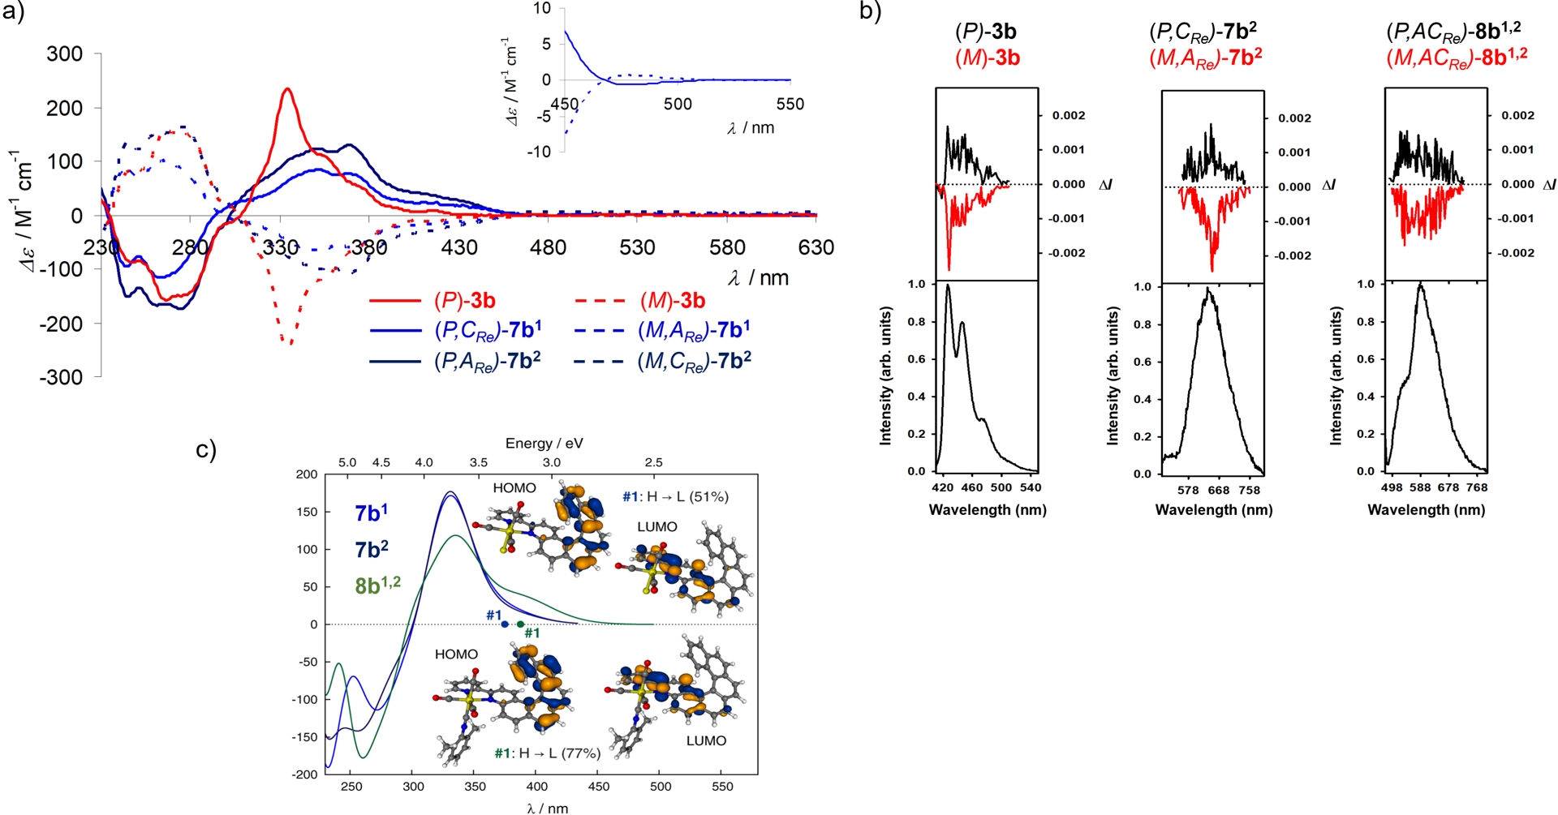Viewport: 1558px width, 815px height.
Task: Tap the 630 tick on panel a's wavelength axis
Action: (816, 247)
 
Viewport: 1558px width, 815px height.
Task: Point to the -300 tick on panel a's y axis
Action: (65, 377)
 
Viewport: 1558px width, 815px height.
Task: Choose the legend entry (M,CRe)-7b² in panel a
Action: (694, 361)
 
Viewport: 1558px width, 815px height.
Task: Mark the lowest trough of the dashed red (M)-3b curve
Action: (291, 344)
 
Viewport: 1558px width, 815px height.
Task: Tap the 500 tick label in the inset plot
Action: (678, 104)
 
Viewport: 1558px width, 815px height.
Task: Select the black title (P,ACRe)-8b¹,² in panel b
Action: (1453, 32)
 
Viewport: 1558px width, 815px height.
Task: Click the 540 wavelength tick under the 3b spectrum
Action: (1031, 487)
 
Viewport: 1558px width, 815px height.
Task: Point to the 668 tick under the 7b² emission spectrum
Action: (1219, 490)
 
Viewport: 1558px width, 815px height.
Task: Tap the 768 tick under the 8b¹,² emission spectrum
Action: (1477, 487)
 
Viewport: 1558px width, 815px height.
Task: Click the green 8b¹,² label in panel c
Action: (377, 585)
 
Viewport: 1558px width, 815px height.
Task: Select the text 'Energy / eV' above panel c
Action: (544, 444)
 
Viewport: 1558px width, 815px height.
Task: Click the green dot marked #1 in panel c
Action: (520, 624)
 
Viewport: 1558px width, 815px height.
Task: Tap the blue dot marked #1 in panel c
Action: (505, 624)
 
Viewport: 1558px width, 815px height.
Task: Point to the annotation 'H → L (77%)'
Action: (560, 753)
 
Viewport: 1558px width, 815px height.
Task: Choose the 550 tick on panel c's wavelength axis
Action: (722, 787)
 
